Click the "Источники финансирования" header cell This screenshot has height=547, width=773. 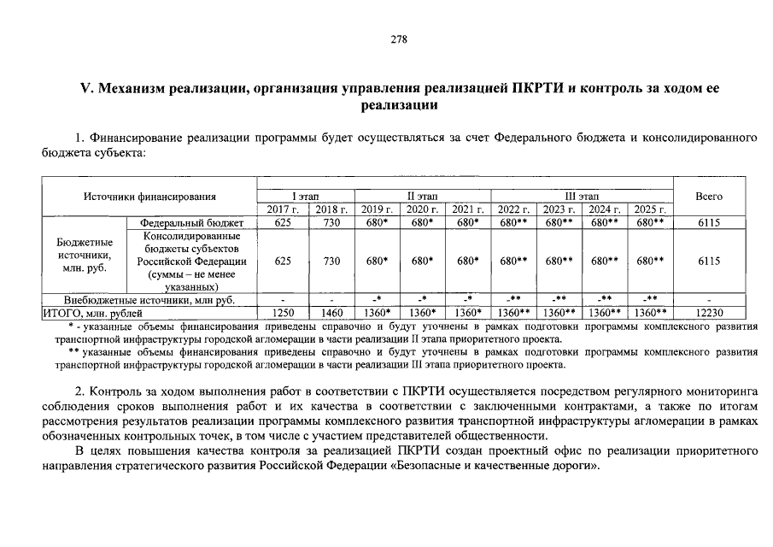click(x=149, y=197)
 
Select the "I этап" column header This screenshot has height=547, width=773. click(x=306, y=197)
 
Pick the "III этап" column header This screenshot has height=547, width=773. click(x=583, y=197)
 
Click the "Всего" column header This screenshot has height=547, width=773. click(x=709, y=197)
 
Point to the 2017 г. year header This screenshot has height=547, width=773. click(x=283, y=209)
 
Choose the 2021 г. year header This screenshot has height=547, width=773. click(x=467, y=209)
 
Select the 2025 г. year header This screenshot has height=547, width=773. click(x=651, y=209)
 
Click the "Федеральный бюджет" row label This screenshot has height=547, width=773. click(x=191, y=223)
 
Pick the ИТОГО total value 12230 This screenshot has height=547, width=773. click(x=709, y=314)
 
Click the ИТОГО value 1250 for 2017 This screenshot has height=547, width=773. click(x=283, y=314)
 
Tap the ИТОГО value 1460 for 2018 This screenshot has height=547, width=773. click(x=331, y=314)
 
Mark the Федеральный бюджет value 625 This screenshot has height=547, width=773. click(x=283, y=223)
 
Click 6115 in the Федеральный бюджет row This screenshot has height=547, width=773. click(x=709, y=223)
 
